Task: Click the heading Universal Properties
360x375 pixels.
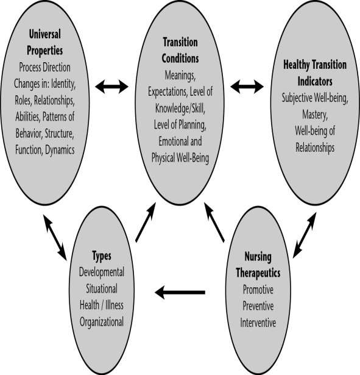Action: click(44, 42)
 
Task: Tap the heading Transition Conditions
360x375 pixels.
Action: click(180, 51)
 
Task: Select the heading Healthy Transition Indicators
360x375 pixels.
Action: click(315, 73)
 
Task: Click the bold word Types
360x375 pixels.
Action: click(102, 256)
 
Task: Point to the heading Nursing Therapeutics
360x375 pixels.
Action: click(258, 265)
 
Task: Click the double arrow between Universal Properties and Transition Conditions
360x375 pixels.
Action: click(112, 87)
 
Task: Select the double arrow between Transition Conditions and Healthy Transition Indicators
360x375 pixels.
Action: click(247, 87)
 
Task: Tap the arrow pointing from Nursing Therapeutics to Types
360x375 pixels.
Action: click(180, 292)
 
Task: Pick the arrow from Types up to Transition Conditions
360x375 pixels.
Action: click(146, 223)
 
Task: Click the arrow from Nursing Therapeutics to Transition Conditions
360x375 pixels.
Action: click(214, 222)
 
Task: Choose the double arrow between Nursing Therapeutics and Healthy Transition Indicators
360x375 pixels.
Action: click(305, 235)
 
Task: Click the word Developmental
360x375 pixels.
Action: click(102, 272)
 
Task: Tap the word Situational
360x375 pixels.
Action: click(102, 288)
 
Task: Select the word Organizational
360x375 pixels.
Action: click(102, 322)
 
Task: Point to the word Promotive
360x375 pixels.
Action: click(258, 290)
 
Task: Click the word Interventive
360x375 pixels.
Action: click(258, 323)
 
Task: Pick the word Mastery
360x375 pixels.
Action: click(315, 114)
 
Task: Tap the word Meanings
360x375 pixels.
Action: click(180, 76)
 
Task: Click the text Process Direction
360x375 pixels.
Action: click(44, 67)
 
